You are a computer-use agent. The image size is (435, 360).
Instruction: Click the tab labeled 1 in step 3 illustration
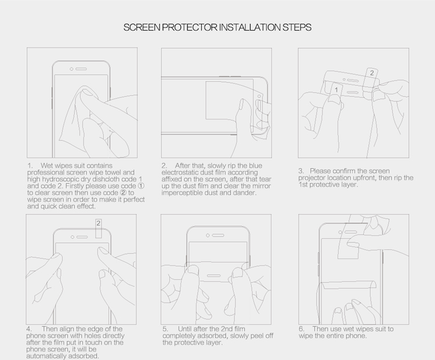click(x=336, y=90)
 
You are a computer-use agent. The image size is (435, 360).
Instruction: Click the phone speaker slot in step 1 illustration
click(x=81, y=69)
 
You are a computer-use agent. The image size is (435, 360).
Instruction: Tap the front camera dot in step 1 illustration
click(x=71, y=69)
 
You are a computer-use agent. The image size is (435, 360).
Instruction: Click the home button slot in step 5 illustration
click(x=213, y=276)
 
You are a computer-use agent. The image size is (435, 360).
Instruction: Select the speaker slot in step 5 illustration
click(x=217, y=235)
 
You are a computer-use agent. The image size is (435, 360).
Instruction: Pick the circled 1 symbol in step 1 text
click(x=141, y=186)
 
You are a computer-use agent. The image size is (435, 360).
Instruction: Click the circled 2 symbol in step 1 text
click(x=124, y=193)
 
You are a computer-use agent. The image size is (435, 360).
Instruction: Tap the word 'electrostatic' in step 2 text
click(x=179, y=172)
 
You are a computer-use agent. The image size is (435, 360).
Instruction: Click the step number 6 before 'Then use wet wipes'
click(x=301, y=329)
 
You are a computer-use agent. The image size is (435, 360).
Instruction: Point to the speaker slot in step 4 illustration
click(x=82, y=237)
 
